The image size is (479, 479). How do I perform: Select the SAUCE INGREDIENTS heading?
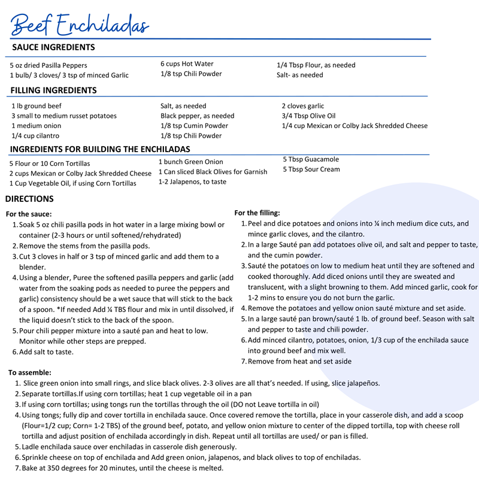click(x=53, y=47)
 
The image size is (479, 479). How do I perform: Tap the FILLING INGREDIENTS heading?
click(x=53, y=90)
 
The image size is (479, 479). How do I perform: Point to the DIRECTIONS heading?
click(x=29, y=199)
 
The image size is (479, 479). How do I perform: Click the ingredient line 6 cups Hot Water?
click(x=187, y=64)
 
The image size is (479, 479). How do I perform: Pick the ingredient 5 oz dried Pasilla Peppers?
click(x=48, y=65)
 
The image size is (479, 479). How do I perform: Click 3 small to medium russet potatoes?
click(x=64, y=116)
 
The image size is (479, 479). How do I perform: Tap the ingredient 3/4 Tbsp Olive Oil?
click(x=308, y=116)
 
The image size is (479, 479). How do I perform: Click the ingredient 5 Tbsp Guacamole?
click(x=311, y=159)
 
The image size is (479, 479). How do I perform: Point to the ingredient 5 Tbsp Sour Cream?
click(x=311, y=169)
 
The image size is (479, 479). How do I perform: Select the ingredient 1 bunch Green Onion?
click(x=190, y=162)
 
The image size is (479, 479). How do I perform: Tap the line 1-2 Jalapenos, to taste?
click(x=193, y=181)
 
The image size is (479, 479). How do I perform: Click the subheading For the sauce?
click(x=29, y=214)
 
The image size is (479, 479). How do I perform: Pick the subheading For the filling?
click(x=257, y=213)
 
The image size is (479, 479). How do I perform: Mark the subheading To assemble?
click(x=30, y=372)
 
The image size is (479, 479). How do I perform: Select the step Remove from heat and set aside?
click(x=299, y=362)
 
